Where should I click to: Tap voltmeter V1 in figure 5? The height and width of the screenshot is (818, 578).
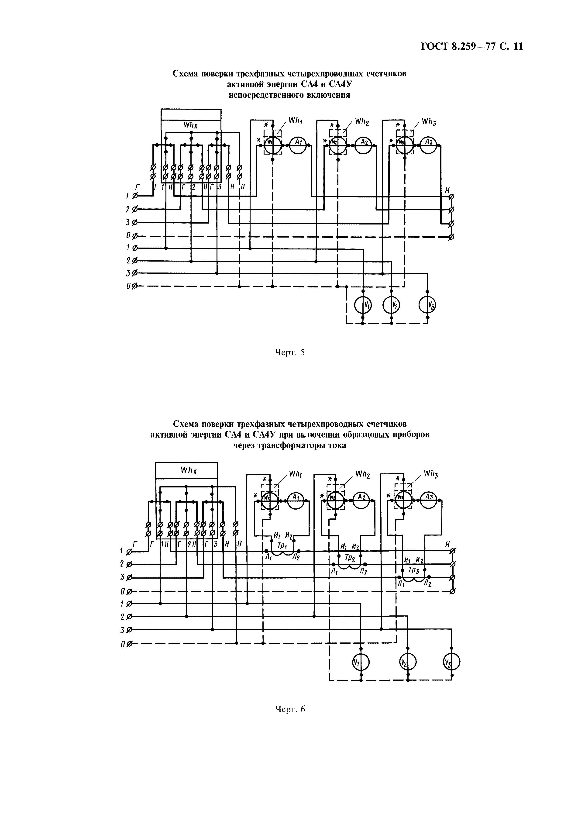coord(363,305)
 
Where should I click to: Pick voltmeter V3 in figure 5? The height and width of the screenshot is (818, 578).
coord(427,305)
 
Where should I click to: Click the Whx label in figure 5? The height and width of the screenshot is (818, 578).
coord(190,125)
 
